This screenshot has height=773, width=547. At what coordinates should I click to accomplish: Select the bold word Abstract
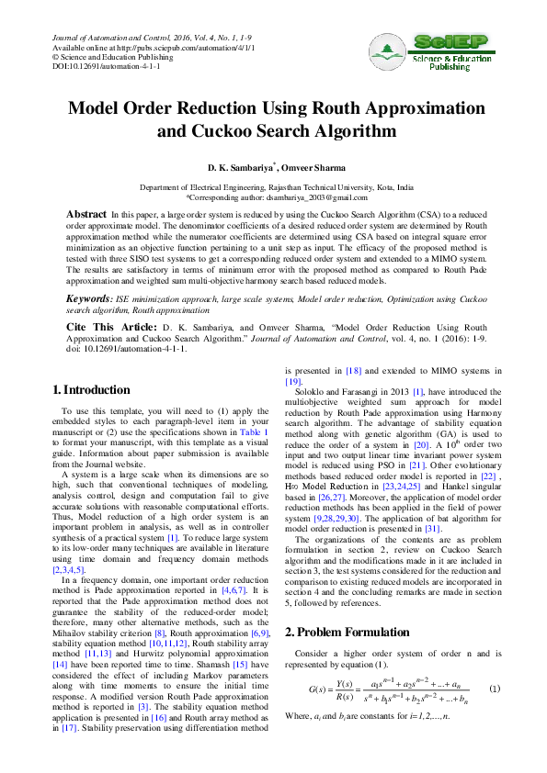point(85,214)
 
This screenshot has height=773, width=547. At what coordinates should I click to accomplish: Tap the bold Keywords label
point(90,299)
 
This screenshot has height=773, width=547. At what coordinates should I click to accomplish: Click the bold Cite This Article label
point(110,327)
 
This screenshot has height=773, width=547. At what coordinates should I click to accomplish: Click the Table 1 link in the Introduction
point(253,431)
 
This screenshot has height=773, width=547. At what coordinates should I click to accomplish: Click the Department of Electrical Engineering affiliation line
point(276,187)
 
